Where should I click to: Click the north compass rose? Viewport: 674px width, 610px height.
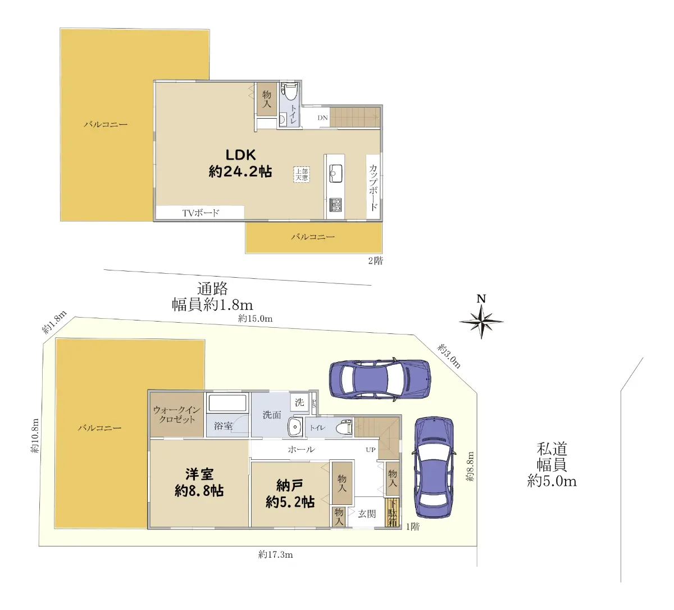481,322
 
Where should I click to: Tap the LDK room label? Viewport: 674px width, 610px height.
240,155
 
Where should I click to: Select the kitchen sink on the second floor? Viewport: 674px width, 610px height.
335,173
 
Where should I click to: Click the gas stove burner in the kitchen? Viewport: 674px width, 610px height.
336,205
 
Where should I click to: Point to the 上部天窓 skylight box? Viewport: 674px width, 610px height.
302,174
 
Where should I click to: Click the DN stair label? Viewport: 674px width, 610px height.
322,118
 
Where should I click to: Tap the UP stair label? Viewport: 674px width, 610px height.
371,450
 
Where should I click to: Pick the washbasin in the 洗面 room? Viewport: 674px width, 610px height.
295,427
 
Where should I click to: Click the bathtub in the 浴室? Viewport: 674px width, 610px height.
227,403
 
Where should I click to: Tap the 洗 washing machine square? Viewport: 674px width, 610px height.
299,402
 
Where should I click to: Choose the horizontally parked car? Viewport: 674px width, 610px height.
380,379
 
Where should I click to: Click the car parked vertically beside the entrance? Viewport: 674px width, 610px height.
434,468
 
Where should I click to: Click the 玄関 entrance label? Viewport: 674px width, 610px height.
367,514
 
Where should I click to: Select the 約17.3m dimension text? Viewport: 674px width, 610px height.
276,554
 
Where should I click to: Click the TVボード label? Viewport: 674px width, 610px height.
201,213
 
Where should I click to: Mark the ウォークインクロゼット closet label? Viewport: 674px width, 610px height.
177,414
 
